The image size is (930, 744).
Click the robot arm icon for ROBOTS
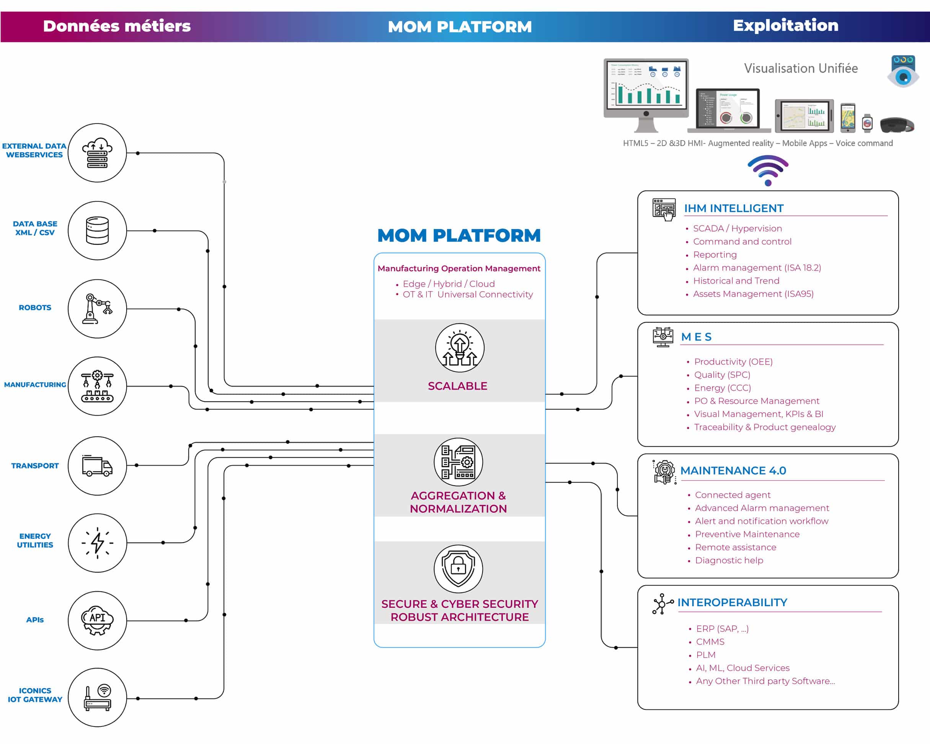tap(97, 308)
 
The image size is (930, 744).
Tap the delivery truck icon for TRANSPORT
tap(97, 466)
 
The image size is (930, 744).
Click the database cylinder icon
tap(97, 230)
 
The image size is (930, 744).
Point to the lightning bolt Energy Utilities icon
tap(97, 543)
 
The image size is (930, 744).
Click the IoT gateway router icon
tap(97, 697)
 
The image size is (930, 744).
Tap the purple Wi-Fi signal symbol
tap(768, 171)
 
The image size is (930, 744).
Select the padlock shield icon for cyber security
tap(458, 568)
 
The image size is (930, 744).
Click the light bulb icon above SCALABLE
tap(459, 348)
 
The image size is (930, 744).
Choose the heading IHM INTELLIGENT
tap(733, 208)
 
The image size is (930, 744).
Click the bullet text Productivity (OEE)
tap(733, 361)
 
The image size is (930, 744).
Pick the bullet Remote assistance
tap(736, 547)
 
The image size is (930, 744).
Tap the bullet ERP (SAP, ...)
tap(722, 628)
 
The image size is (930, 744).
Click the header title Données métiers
tap(116, 26)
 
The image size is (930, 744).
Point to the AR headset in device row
tap(896, 125)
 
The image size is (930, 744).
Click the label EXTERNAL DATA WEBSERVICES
tap(34, 150)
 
